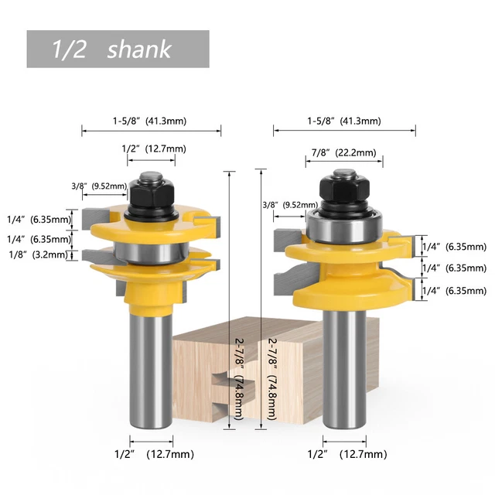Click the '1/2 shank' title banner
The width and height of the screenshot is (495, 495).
[118, 49]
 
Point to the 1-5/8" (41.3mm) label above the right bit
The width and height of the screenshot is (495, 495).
[343, 121]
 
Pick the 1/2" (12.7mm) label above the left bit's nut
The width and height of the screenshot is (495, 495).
[152, 148]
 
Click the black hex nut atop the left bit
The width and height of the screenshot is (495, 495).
[151, 189]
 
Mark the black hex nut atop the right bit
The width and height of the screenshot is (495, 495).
[341, 189]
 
